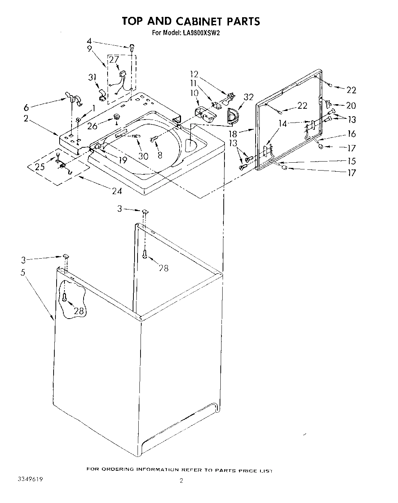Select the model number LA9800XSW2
point(202,33)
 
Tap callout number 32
point(249,97)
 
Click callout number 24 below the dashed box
point(117,191)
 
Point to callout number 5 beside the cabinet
point(23,272)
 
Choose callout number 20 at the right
point(351,106)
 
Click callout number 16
point(351,134)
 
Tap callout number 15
point(351,161)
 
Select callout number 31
point(93,78)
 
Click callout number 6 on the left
point(26,108)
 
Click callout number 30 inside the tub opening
point(144,156)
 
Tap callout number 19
point(122,160)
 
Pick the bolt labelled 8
point(153,139)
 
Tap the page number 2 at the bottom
point(181,481)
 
